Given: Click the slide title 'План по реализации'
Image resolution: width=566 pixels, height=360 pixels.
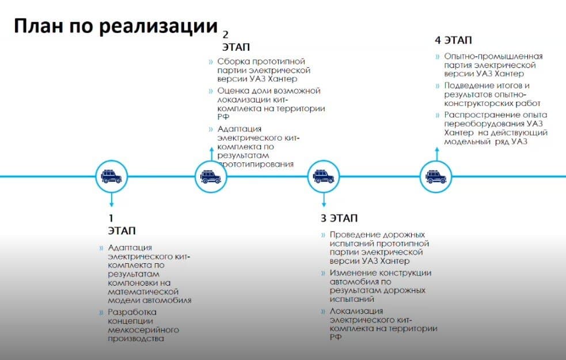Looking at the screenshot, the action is click(x=116, y=26).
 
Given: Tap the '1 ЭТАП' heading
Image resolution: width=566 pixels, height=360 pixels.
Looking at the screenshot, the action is click(x=121, y=224).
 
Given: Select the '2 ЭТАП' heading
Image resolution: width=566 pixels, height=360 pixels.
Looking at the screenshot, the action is click(x=235, y=41).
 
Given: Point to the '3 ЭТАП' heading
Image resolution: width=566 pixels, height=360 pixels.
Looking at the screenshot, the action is click(x=339, y=218).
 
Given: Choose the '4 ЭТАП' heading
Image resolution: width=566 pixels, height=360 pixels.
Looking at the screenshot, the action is click(x=453, y=40).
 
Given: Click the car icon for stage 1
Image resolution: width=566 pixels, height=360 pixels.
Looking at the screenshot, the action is click(x=112, y=177).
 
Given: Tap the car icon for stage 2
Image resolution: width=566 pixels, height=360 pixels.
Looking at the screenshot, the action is click(x=211, y=177).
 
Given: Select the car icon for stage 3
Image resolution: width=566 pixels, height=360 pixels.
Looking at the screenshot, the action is click(x=324, y=177).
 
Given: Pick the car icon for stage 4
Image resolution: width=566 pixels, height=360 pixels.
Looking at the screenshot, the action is click(x=436, y=177).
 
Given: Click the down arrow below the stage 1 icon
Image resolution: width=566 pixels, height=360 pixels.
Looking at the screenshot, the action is click(x=112, y=200).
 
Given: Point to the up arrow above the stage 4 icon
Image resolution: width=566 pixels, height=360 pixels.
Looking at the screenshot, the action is click(x=437, y=154).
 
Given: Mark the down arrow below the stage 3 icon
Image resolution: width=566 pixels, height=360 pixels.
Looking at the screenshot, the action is click(x=324, y=200).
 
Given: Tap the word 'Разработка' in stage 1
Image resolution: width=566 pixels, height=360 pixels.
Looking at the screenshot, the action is click(x=132, y=312).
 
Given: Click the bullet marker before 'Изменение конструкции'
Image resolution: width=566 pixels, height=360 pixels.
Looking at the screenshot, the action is click(x=323, y=274).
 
